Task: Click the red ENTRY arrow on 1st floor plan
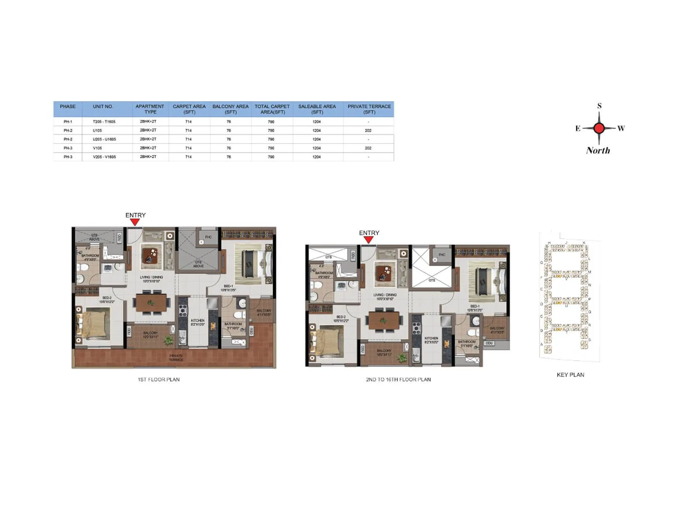pyautogui.click(x=135, y=222)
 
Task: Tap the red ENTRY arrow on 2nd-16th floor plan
pyautogui.click(x=368, y=240)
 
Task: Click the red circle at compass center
pyautogui.click(x=599, y=128)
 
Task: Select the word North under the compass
pyautogui.click(x=598, y=150)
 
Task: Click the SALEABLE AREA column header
pyautogui.click(x=317, y=109)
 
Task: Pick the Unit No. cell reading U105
pyautogui.click(x=98, y=130)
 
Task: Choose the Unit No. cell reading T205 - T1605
pyautogui.click(x=104, y=122)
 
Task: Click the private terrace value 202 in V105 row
pyautogui.click(x=368, y=148)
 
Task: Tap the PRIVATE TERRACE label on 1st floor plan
pyautogui.click(x=176, y=358)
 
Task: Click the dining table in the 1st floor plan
pyautogui.click(x=151, y=303)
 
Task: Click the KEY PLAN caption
pyautogui.click(x=570, y=375)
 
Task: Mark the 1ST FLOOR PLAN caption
pyautogui.click(x=159, y=379)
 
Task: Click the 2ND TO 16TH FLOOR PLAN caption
pyautogui.click(x=398, y=379)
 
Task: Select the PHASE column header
pyautogui.click(x=68, y=106)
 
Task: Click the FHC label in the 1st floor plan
pyautogui.click(x=208, y=237)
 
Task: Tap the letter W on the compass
pyautogui.click(x=621, y=128)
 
